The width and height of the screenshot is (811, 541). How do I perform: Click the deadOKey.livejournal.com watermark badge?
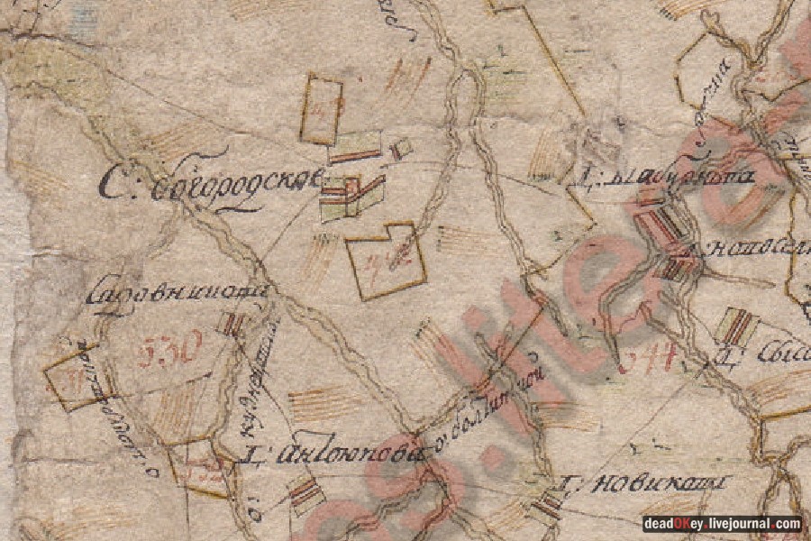click(722, 524)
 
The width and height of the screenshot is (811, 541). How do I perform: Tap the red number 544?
click(648, 361)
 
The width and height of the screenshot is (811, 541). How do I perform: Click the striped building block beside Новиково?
click(546, 505)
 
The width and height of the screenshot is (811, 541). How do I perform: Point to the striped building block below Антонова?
click(305, 492)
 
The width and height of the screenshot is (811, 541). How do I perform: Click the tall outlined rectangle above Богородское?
click(321, 109)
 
